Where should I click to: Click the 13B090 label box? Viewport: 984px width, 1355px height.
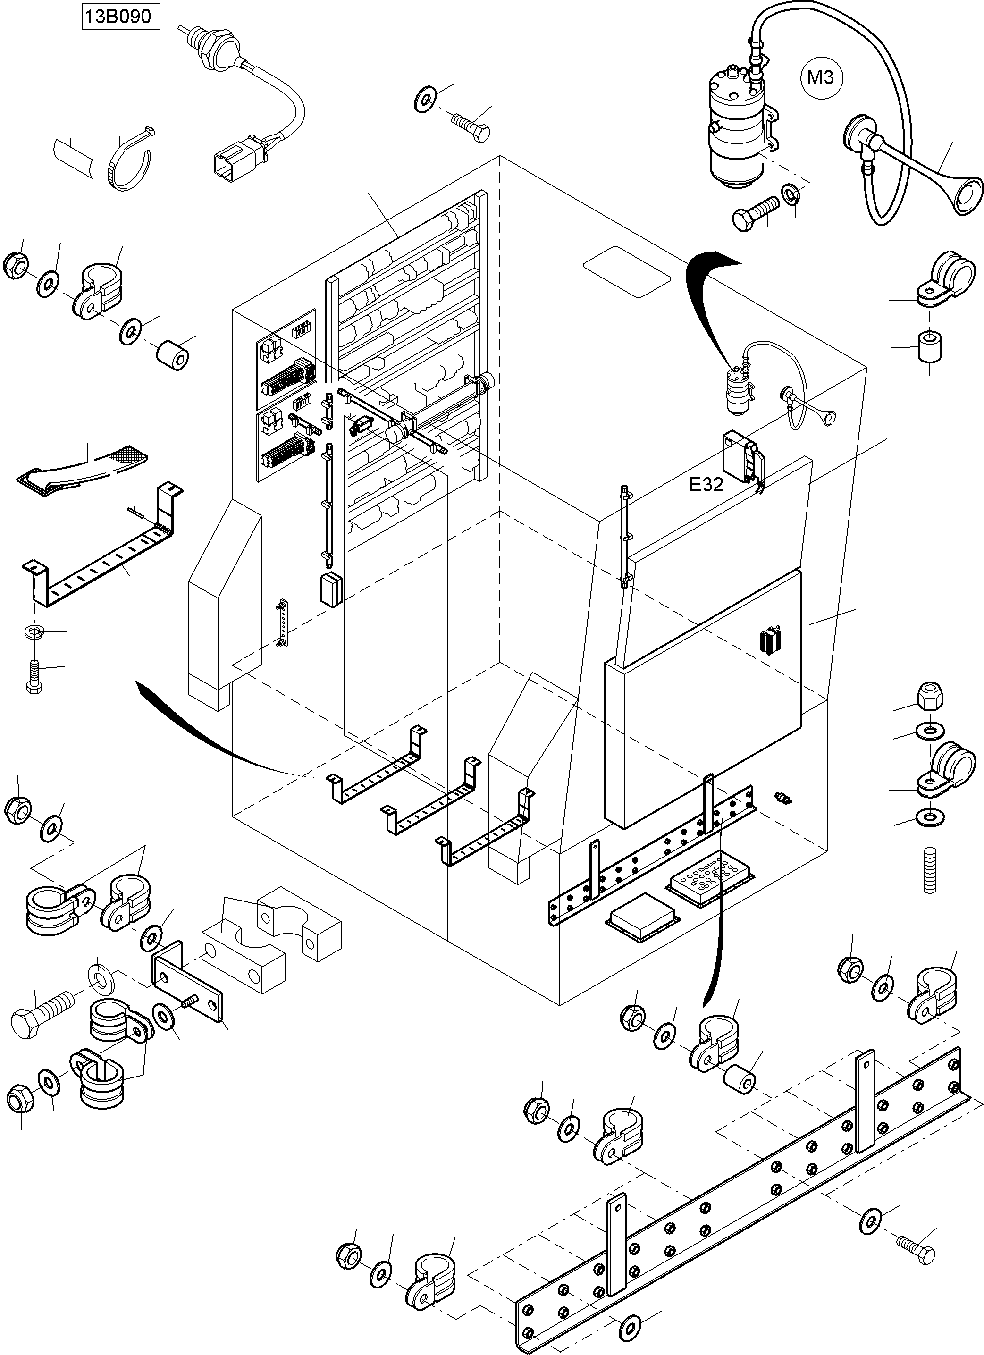[121, 16]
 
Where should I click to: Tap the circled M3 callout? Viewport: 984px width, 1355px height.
[821, 77]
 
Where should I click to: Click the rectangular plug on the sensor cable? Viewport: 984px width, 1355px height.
[232, 162]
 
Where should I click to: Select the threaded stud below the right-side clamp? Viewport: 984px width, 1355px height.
[929, 870]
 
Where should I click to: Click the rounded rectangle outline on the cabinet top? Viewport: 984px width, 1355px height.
[627, 272]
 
